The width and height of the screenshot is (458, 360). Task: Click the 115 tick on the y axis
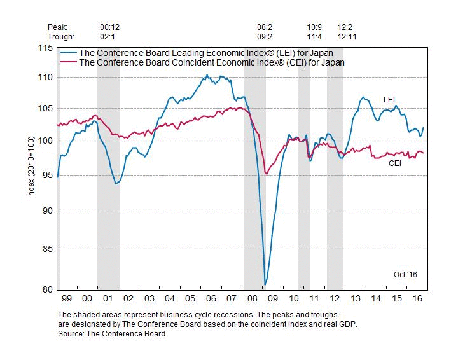pos(46,48)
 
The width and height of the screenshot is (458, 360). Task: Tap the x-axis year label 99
pos(67,298)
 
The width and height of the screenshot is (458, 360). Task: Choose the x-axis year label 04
pos(170,298)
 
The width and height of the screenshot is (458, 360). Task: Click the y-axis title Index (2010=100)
pos(31,169)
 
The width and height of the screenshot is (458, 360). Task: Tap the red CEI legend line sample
pos(68,62)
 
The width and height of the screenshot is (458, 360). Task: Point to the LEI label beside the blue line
pos(390,99)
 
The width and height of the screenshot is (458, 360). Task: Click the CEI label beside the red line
pos(396,163)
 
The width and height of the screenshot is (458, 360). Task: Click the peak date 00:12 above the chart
pos(110,27)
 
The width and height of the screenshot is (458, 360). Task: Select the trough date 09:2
pos(265,36)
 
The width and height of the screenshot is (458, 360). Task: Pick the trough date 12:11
pos(347,36)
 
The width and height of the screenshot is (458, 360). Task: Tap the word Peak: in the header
pos(57,27)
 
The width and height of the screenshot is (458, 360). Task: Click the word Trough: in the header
pos(60,36)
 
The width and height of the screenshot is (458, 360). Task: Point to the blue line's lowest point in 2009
pos(265,285)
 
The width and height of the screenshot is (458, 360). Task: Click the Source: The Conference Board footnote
pos(111,333)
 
